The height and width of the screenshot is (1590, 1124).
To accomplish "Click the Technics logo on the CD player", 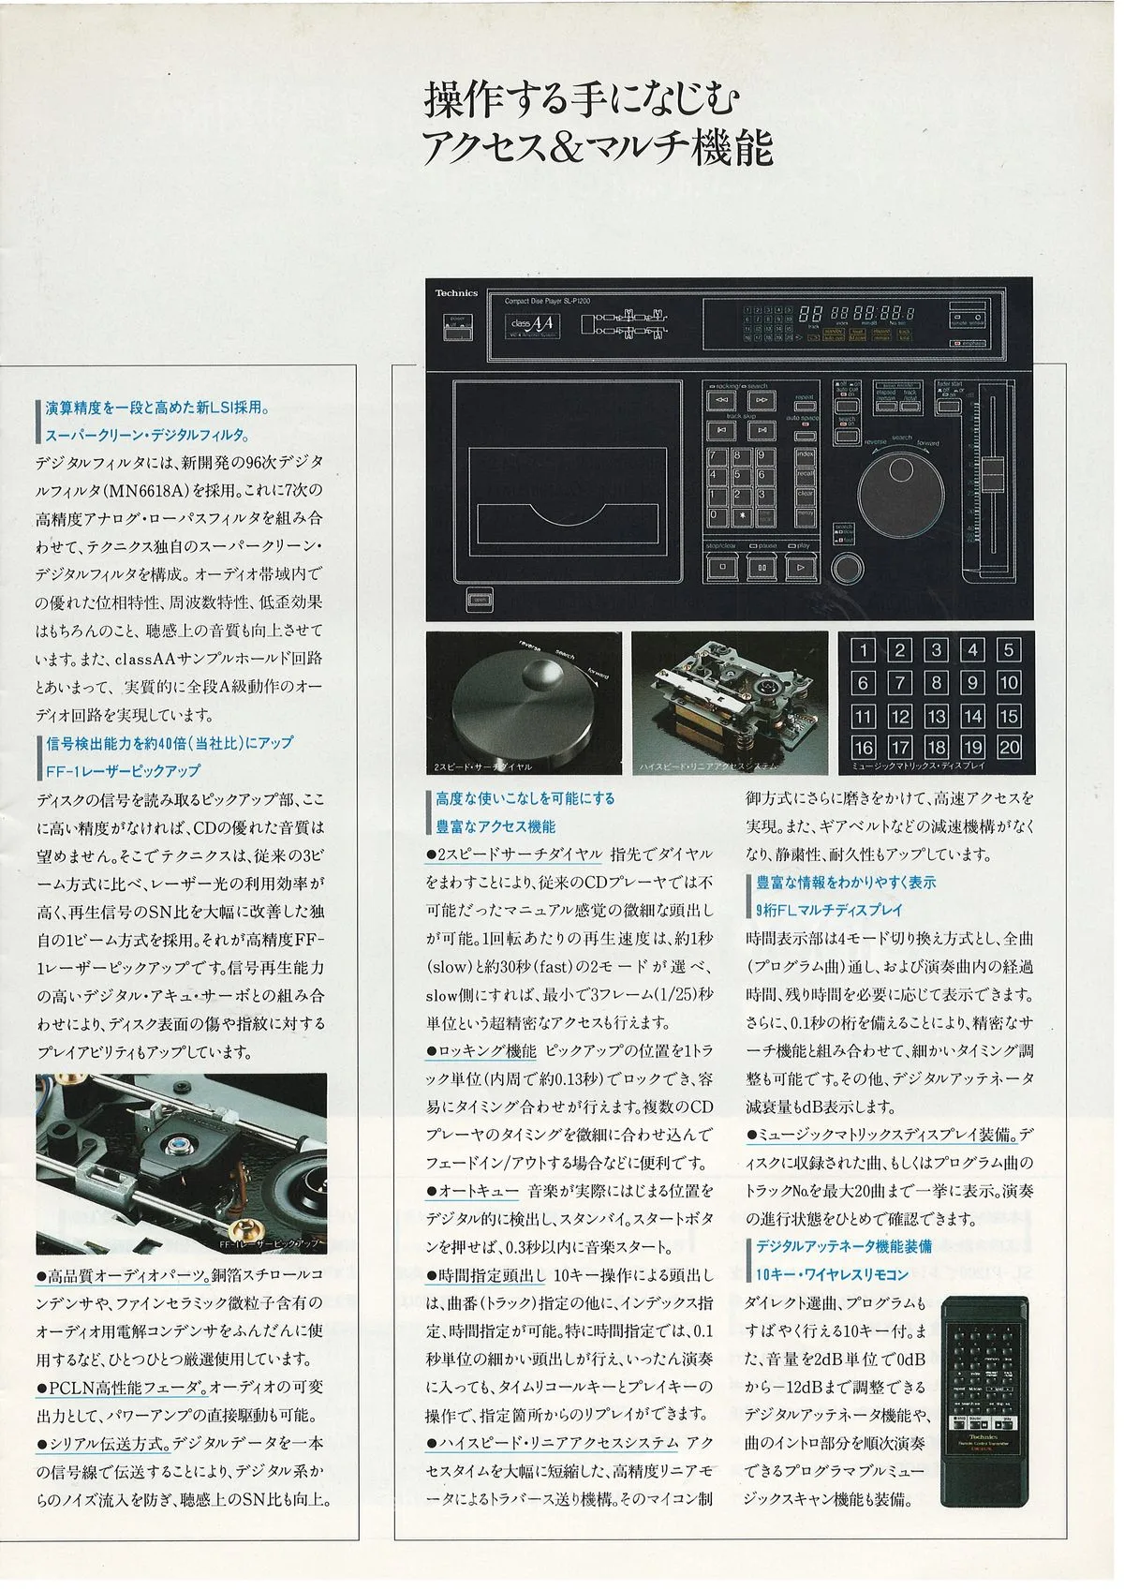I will pyautogui.click(x=456, y=293).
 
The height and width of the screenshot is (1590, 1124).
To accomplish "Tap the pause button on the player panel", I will pyautogui.click(x=762, y=566).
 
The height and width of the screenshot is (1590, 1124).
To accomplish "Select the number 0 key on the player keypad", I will pyautogui.click(x=717, y=514).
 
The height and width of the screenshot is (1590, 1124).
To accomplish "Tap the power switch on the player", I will pyautogui.click(x=456, y=328).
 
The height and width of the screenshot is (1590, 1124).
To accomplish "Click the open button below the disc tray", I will pyautogui.click(x=478, y=599).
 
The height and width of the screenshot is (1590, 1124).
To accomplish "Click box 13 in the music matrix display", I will pyautogui.click(x=936, y=717).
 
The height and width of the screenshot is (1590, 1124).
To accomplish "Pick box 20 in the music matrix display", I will pyautogui.click(x=1009, y=748).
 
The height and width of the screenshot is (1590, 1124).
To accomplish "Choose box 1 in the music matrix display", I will pyautogui.click(x=863, y=650).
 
